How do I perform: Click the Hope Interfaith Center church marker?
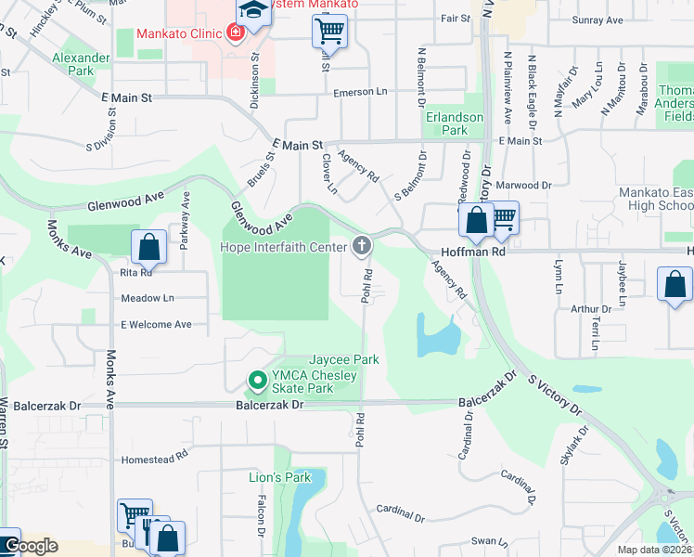tap(363, 246)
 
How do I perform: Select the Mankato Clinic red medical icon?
tap(235, 33)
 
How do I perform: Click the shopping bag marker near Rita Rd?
tap(148, 247)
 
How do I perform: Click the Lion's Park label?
tap(279, 477)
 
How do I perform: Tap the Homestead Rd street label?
tap(155, 457)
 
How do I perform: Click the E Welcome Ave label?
tap(155, 324)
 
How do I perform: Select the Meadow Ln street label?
tap(148, 298)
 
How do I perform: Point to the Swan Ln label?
tap(490, 540)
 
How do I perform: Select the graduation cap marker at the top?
tap(251, 12)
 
